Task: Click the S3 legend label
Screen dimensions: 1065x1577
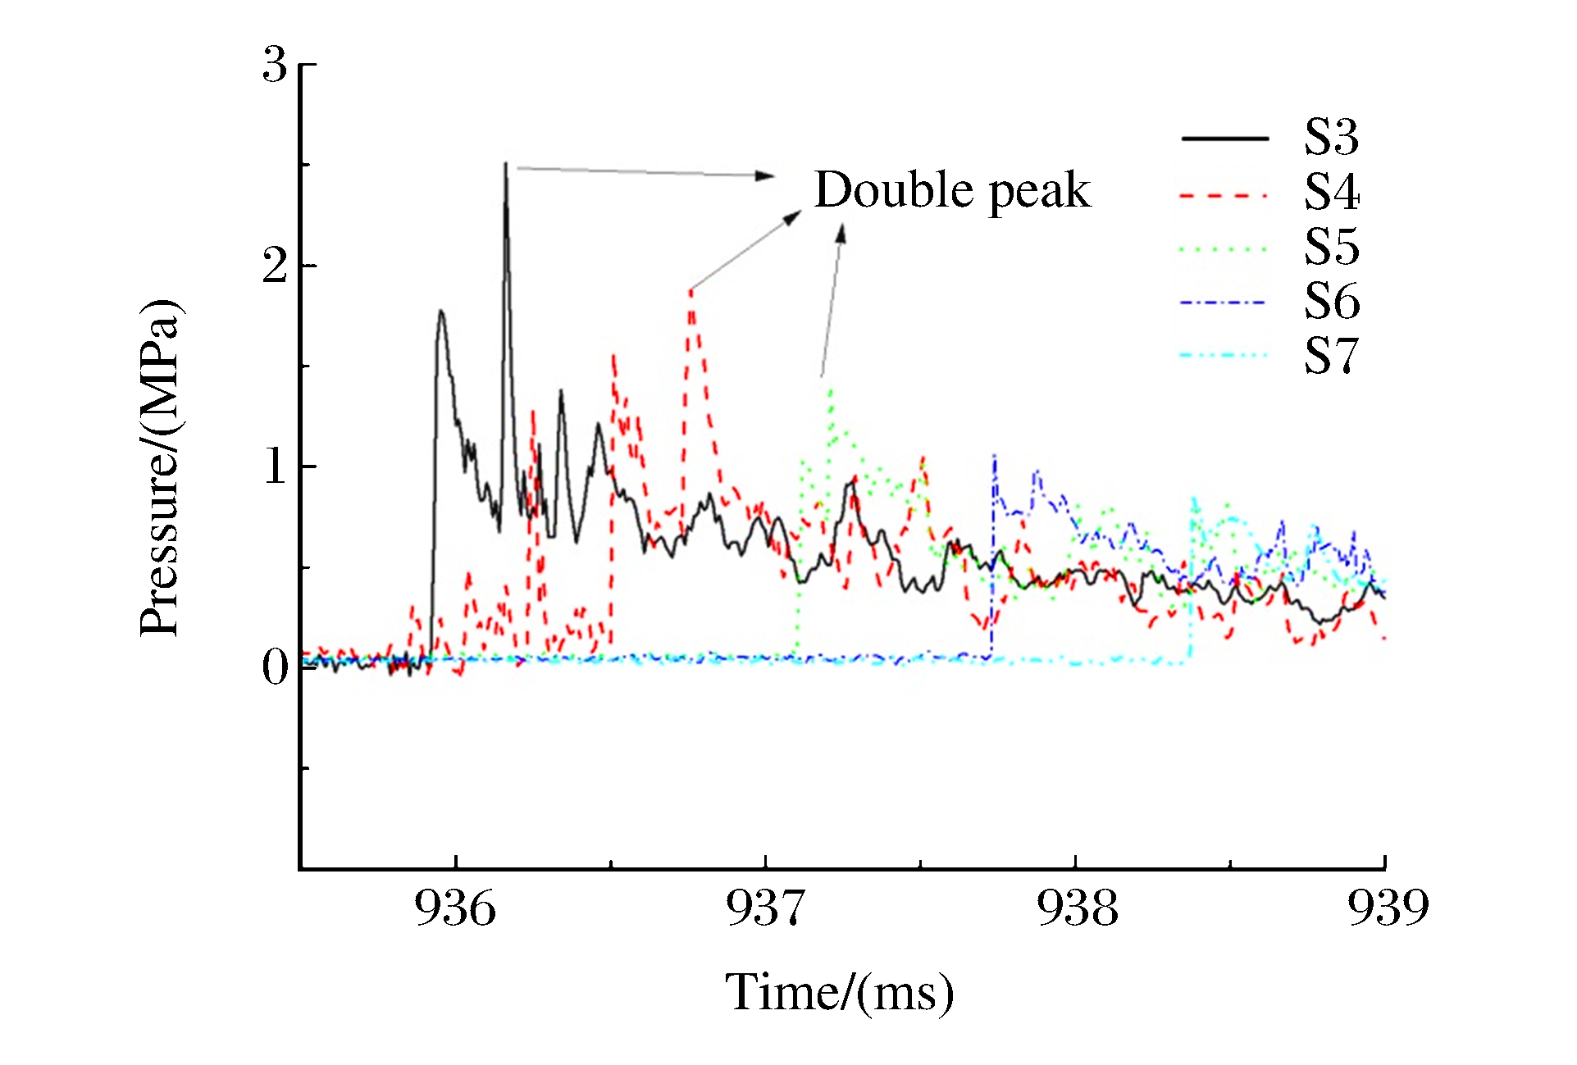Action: (1331, 138)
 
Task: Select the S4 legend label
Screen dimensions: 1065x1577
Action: (1331, 193)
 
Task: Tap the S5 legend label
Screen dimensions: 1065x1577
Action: (1331, 247)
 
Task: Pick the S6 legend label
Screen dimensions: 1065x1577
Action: (1331, 302)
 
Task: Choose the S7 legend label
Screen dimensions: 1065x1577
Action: (1331, 356)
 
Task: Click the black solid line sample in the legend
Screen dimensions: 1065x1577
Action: (1224, 139)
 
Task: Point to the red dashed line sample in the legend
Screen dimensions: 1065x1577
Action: (1224, 195)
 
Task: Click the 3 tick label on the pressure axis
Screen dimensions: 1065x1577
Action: (276, 65)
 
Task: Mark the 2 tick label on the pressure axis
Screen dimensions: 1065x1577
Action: (276, 266)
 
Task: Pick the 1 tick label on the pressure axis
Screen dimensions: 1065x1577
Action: (276, 467)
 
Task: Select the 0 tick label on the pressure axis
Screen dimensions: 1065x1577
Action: (276, 668)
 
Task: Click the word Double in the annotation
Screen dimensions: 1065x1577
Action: (893, 190)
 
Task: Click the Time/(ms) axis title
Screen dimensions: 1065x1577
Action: (839, 993)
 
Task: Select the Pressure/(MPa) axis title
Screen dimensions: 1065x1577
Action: (159, 467)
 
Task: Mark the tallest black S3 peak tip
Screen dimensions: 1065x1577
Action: (505, 164)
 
